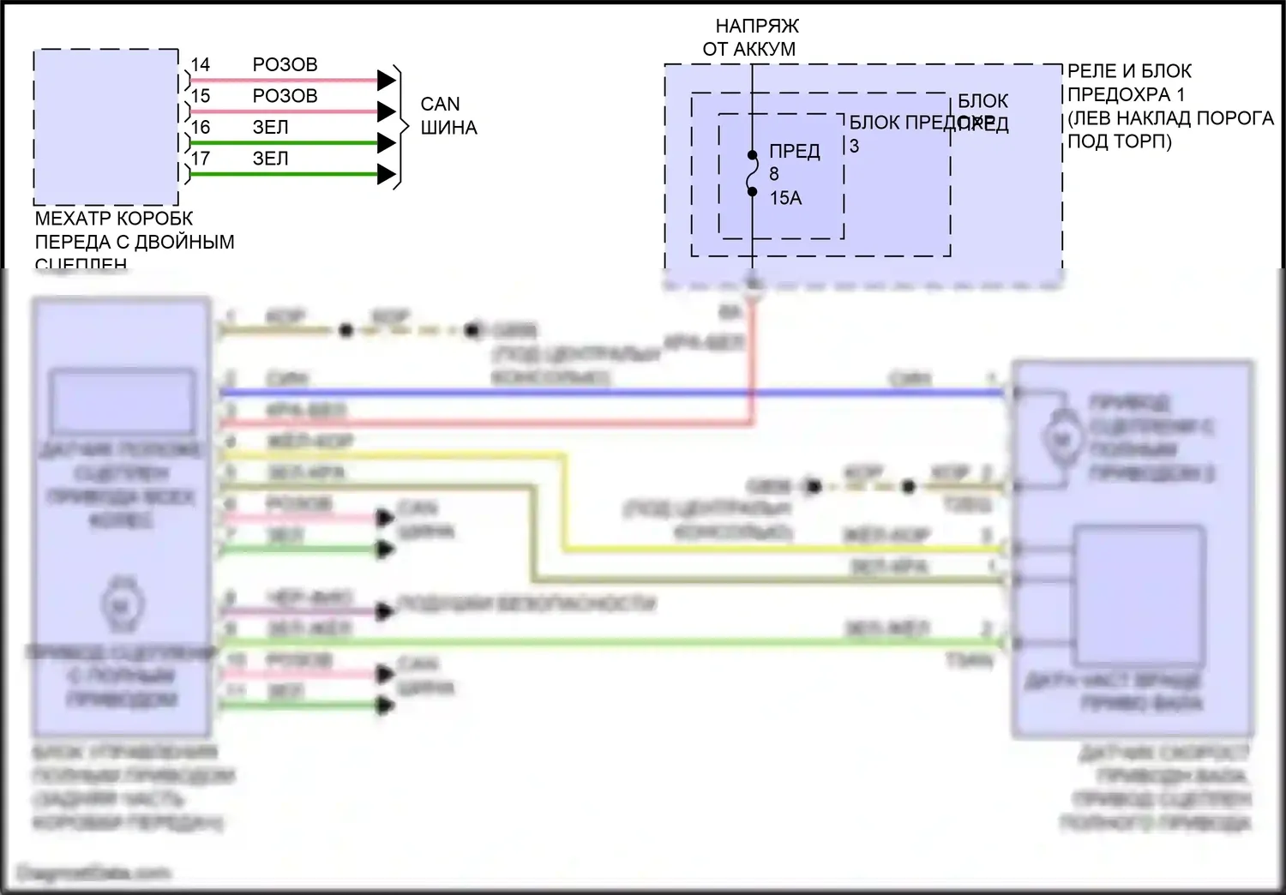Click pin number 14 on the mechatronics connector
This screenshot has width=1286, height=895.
pos(201,65)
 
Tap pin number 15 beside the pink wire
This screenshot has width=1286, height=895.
pos(201,96)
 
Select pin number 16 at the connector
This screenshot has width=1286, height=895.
pos(201,128)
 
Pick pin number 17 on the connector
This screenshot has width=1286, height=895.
pos(201,159)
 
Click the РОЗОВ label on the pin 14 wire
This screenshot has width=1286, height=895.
pos(285,65)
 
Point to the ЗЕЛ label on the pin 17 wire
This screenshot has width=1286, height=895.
pos(270,159)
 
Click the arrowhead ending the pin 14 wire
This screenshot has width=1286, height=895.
pos(387,81)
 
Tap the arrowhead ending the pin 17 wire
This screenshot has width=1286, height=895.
pos(387,175)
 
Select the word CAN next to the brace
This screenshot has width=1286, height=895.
pos(440,105)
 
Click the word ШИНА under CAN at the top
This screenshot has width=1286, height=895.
pos(448,128)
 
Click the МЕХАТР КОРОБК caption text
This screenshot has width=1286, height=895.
pos(114,219)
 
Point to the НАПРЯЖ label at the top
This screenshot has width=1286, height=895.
pos(757,27)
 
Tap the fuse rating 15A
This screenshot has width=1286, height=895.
pos(785,198)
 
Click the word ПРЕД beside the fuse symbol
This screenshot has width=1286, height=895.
pos(795,152)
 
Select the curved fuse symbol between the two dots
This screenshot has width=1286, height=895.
pos(752,174)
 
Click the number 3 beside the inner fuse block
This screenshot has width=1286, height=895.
pos(854,147)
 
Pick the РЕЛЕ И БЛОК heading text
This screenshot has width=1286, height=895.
pos(1129,71)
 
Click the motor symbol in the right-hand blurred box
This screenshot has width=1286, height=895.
pos(1061,440)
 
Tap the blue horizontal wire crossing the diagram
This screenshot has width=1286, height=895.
pos(600,393)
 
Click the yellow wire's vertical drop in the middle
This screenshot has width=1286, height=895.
pos(564,502)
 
